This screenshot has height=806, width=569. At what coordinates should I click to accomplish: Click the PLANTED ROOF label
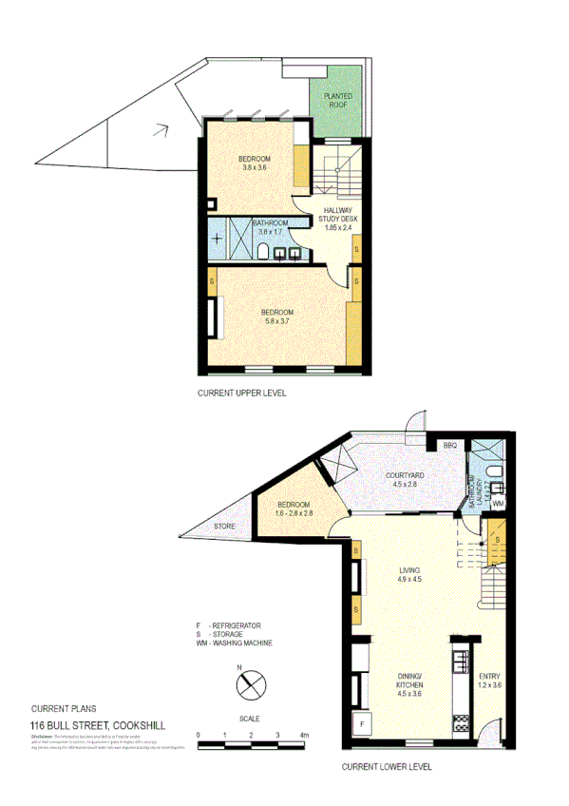[338, 101]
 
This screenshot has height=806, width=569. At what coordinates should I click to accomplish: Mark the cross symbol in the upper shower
[218, 239]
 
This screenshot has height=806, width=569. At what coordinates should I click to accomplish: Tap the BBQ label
[450, 445]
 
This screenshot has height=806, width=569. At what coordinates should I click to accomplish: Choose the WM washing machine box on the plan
[497, 503]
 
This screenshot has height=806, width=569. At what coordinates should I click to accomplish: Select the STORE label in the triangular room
[224, 526]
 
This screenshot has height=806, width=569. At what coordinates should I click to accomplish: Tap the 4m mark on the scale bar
[304, 735]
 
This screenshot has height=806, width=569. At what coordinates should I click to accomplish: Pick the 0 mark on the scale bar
[199, 735]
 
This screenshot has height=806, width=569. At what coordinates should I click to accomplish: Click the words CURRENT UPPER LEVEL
[241, 393]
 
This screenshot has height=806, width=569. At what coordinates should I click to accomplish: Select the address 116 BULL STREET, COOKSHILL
[98, 725]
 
